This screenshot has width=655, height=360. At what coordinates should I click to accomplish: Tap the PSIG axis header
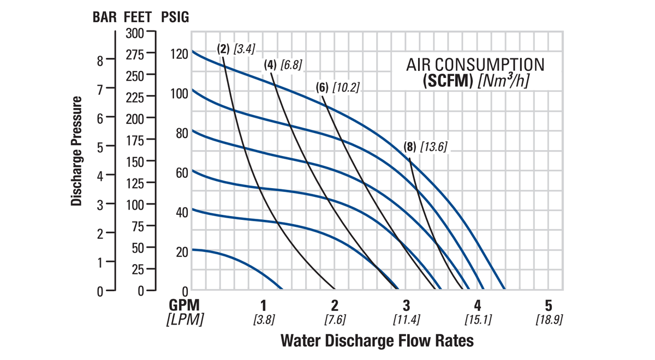tap(175, 16)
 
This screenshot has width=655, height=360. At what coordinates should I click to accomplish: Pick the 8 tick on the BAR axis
tap(100, 61)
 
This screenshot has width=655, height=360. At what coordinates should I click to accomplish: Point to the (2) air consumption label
tap(223, 48)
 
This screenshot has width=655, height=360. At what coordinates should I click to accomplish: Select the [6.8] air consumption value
tap(291, 65)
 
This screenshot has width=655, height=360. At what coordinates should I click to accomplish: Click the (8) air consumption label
tap(410, 146)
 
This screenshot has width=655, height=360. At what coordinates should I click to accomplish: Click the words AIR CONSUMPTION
tap(475, 64)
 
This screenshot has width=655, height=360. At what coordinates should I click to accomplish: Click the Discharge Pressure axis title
tap(76, 151)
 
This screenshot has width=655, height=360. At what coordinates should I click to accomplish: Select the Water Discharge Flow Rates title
tap(377, 341)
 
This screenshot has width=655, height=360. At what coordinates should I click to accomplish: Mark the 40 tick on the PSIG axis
tap(181, 212)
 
